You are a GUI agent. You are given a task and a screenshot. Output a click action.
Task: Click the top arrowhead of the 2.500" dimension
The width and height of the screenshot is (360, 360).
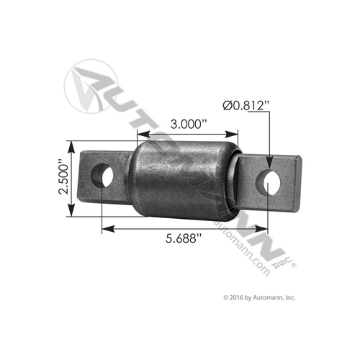[72, 146]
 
